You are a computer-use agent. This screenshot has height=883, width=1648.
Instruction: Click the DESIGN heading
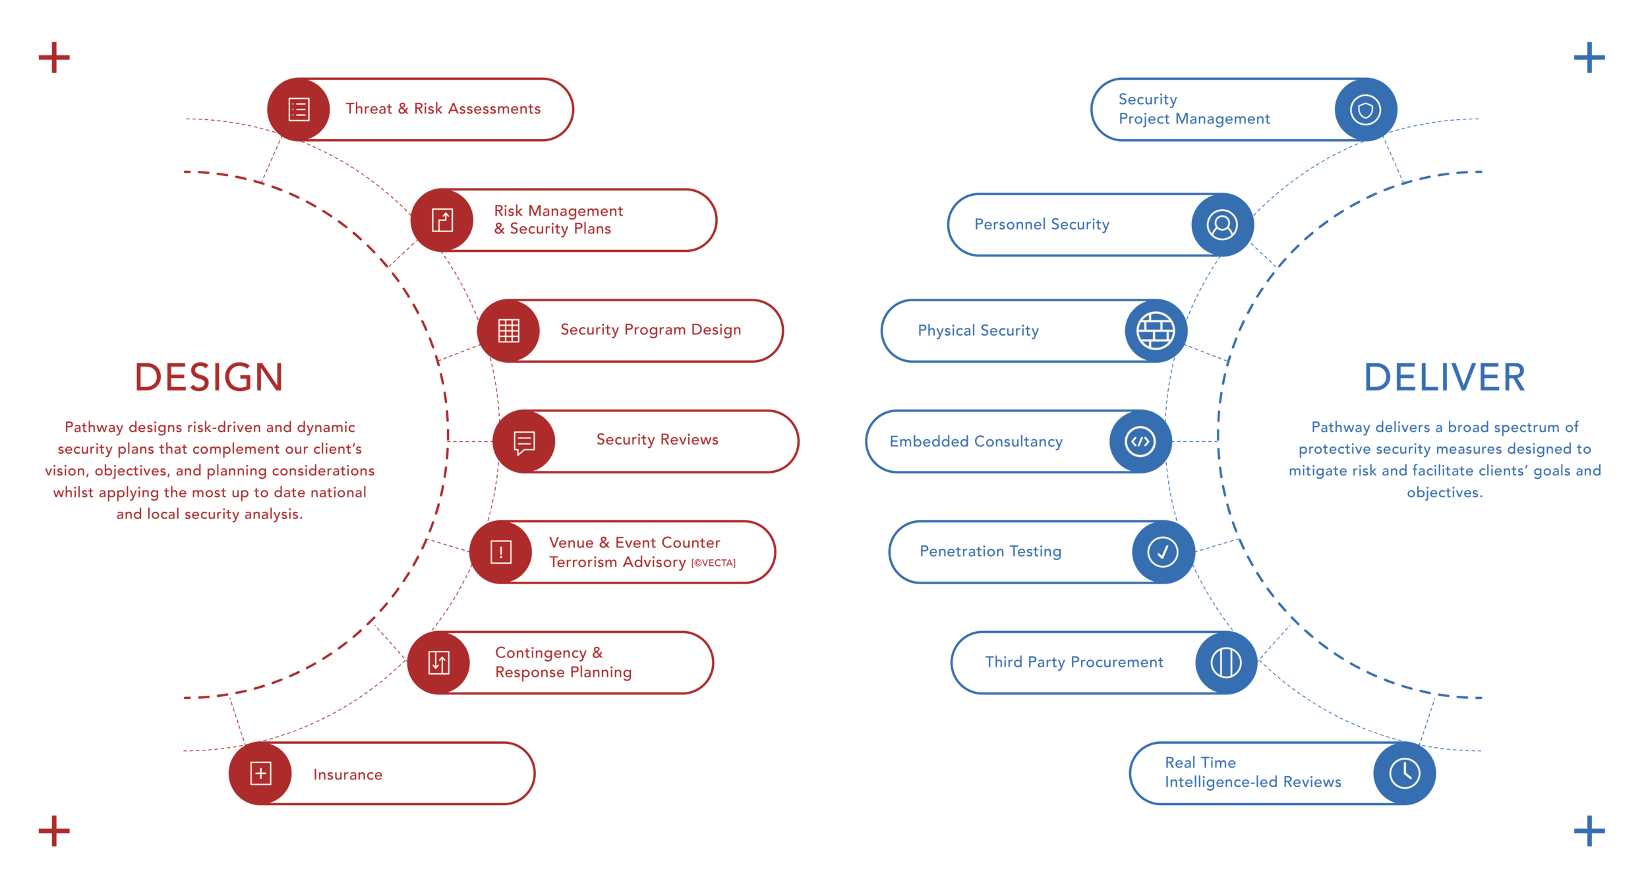[209, 377]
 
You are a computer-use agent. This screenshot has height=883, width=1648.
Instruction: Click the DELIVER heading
[1444, 377]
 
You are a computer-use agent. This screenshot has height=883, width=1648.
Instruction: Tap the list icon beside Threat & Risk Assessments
[299, 109]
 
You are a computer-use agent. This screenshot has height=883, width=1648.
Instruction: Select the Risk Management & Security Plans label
[558, 220]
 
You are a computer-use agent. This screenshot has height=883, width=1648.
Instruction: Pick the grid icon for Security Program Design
[508, 330]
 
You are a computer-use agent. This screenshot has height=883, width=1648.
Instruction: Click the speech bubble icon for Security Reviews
[524, 442]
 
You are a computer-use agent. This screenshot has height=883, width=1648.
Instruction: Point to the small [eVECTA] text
[713, 563]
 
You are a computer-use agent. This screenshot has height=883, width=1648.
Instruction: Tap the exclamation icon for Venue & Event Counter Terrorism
[501, 552]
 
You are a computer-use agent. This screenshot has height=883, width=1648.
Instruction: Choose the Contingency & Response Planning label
[563, 662]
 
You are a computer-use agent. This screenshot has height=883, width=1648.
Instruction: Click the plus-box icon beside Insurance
[261, 774]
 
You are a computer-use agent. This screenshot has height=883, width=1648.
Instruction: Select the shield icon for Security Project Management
[1365, 109]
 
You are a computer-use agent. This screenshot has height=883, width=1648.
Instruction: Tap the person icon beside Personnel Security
[1222, 225]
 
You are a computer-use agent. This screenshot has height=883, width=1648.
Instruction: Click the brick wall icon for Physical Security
[1156, 330]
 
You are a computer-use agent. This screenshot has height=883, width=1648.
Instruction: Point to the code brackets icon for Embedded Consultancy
[1140, 442]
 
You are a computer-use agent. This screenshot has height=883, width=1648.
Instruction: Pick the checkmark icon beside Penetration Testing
[1163, 552]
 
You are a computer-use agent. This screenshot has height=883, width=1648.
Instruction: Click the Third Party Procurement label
[1073, 662]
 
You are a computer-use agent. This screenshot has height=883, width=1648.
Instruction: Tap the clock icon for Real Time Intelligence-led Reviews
[1404, 774]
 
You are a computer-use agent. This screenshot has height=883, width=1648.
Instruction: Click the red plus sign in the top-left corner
[54, 58]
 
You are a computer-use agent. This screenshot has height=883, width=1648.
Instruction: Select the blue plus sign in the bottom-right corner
[1589, 831]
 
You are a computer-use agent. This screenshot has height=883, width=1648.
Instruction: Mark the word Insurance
[348, 775]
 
